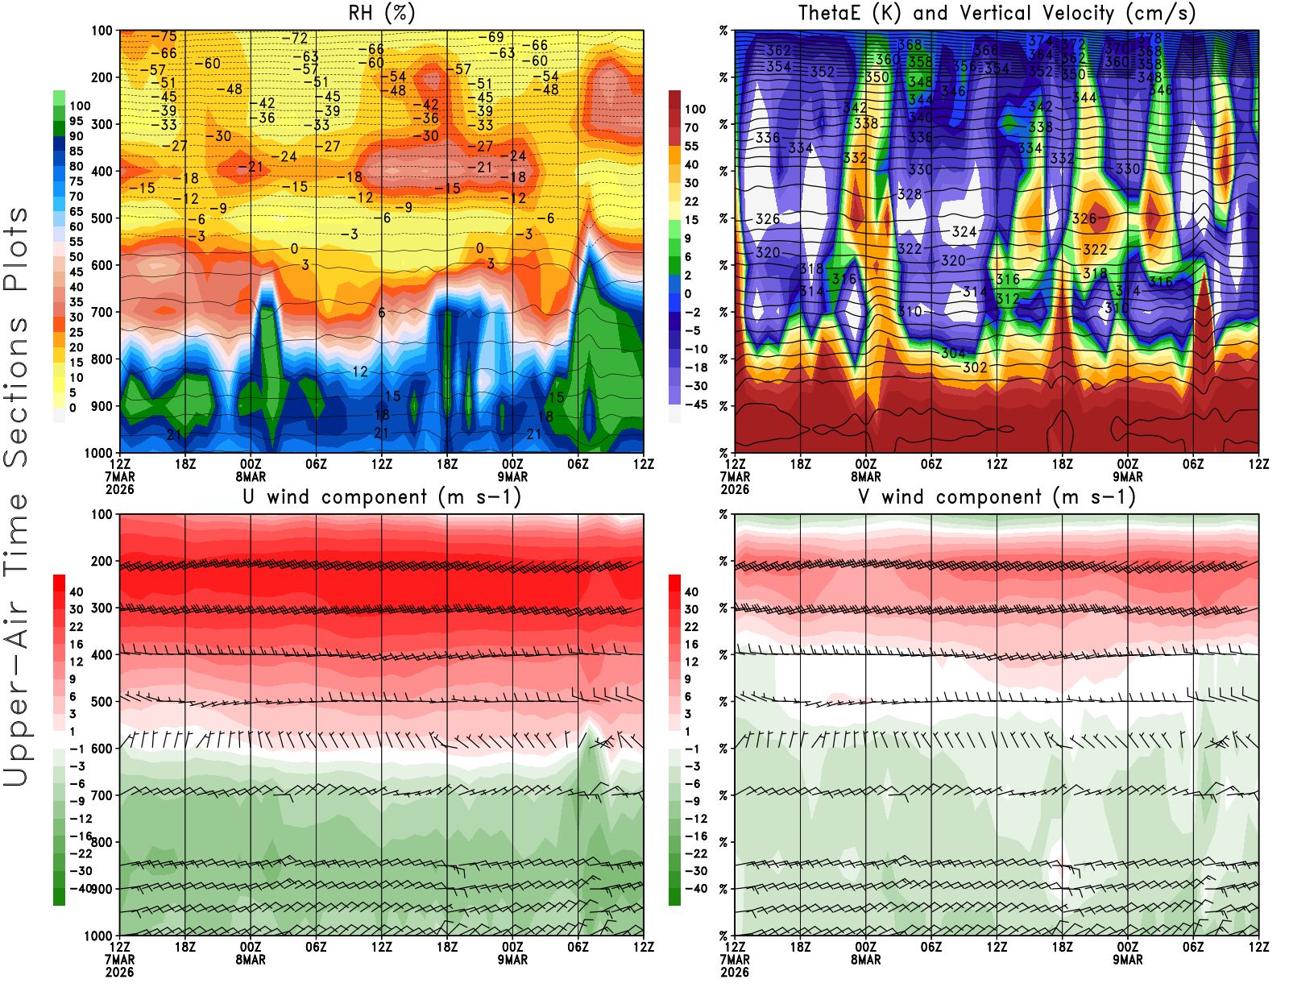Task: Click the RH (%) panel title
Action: point(382,14)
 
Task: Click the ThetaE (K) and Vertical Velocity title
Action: point(997,14)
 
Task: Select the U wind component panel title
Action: point(382,497)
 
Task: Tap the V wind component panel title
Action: point(997,497)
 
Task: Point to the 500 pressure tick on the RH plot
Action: point(102,218)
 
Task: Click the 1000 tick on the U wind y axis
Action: point(98,936)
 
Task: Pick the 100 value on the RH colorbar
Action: point(80,106)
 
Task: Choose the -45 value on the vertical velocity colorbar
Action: point(696,405)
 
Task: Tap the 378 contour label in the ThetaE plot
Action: point(1150,38)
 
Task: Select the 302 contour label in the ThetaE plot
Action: point(975,367)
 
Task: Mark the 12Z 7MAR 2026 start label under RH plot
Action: point(119,476)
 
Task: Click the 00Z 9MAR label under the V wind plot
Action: point(1128,953)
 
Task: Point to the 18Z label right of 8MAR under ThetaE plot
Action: point(1062,464)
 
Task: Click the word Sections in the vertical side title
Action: point(16,391)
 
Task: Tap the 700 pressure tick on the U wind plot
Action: point(102,795)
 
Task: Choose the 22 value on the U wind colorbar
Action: point(76,627)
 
